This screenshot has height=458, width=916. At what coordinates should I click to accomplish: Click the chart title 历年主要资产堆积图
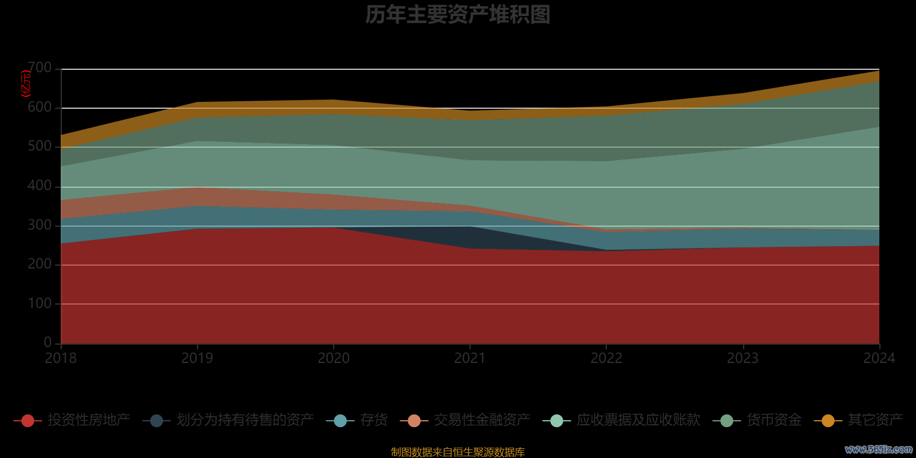[457, 15]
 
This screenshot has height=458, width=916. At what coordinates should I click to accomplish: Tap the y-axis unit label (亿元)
[26, 84]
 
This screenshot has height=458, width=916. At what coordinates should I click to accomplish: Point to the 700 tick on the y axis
[40, 68]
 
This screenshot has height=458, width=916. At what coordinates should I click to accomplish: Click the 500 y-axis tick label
[40, 147]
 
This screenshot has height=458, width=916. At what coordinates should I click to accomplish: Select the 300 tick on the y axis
[40, 225]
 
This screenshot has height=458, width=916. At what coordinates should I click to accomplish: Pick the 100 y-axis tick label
[40, 303]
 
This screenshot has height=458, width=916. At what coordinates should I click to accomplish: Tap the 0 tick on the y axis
[48, 342]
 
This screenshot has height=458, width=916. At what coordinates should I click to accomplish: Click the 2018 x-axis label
[61, 358]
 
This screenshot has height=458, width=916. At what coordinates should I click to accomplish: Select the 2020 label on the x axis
[334, 358]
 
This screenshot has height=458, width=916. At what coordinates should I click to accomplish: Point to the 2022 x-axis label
[606, 358]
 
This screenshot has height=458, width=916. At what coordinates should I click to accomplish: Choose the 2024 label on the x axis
[879, 358]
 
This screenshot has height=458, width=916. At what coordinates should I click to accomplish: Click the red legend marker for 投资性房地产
[27, 421]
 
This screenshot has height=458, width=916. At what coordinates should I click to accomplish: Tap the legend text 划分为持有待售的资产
[245, 420]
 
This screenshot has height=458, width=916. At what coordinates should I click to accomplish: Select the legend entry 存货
[374, 420]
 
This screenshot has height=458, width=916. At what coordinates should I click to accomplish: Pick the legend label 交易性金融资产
[482, 420]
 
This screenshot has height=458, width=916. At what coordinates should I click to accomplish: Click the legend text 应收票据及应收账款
[638, 420]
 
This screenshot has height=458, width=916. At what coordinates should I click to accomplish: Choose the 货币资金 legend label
[774, 420]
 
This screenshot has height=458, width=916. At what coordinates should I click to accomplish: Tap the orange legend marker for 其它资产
[828, 421]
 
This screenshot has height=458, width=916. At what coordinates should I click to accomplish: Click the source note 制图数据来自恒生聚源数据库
[457, 452]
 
